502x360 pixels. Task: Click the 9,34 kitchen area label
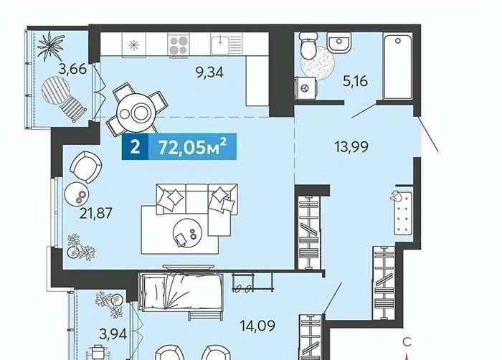(x=210, y=73)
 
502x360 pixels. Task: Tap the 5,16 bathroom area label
(x=355, y=82)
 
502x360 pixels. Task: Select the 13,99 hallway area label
(x=351, y=147)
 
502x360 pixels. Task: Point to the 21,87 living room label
(x=96, y=213)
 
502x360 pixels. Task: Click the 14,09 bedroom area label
(x=257, y=326)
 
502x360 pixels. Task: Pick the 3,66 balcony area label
(x=72, y=69)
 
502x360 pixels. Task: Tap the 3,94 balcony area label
(x=113, y=334)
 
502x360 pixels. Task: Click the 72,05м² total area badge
(x=179, y=147)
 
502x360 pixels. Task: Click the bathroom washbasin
(x=339, y=43)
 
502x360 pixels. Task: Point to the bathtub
(x=397, y=67)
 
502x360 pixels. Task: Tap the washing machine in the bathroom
(x=306, y=87)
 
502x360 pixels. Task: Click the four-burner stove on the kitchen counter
(x=178, y=44)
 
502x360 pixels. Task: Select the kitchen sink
(x=226, y=44)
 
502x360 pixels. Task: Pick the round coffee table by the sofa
(x=187, y=232)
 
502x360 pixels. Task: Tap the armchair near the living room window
(x=86, y=166)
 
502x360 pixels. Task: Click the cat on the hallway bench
(x=396, y=196)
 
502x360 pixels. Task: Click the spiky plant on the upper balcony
(x=50, y=46)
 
